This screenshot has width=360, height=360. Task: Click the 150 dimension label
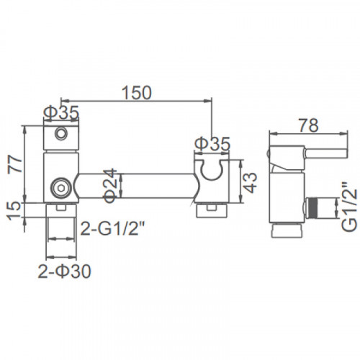click(x=137, y=92)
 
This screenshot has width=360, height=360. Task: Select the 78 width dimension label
click(x=310, y=125)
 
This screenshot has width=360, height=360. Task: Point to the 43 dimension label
click(x=251, y=183)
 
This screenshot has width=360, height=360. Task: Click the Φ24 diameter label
click(x=110, y=185)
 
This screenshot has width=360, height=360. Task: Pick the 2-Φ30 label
click(x=65, y=271)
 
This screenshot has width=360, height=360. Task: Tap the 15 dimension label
click(x=15, y=211)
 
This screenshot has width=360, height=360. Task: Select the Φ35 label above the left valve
click(x=61, y=112)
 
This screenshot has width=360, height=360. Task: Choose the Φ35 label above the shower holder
click(x=212, y=143)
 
